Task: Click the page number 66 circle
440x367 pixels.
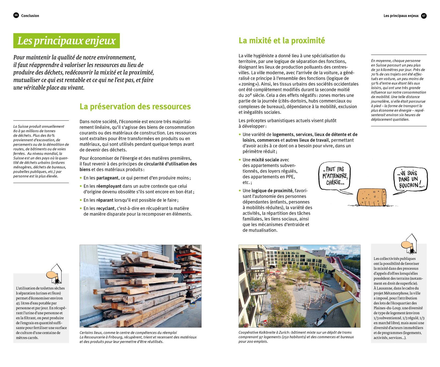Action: pyautogui.click(x=16, y=15)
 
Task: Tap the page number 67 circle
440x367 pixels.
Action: pyautogui.click(x=424, y=16)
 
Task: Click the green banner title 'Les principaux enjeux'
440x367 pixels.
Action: pyautogui.click(x=67, y=41)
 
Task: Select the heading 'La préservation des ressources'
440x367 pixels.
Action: pyautogui.click(x=135, y=107)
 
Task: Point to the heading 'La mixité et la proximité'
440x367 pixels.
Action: pyautogui.click(x=282, y=40)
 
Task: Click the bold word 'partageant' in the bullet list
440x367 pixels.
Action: pyautogui.click(x=108, y=178)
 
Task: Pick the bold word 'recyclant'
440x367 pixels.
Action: pyautogui.click(x=106, y=208)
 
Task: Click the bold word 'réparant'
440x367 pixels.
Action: pyautogui.click(x=105, y=200)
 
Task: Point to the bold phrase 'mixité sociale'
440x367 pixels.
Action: pyautogui.click(x=265, y=160)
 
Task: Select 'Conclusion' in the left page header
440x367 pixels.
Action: pyautogui.click(x=30, y=16)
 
